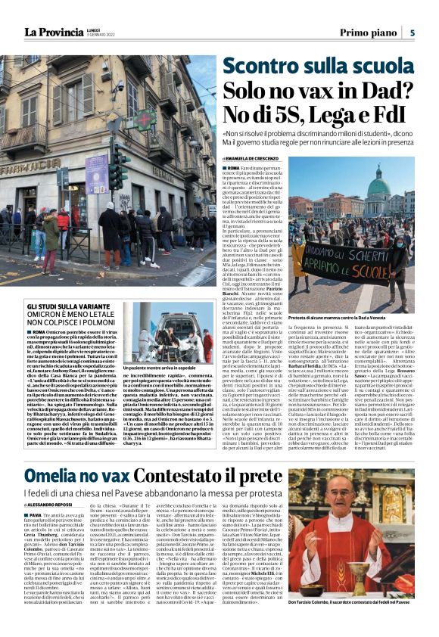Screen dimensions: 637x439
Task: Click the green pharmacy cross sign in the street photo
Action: [144, 120]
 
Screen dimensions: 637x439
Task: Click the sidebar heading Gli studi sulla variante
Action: [68, 302]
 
